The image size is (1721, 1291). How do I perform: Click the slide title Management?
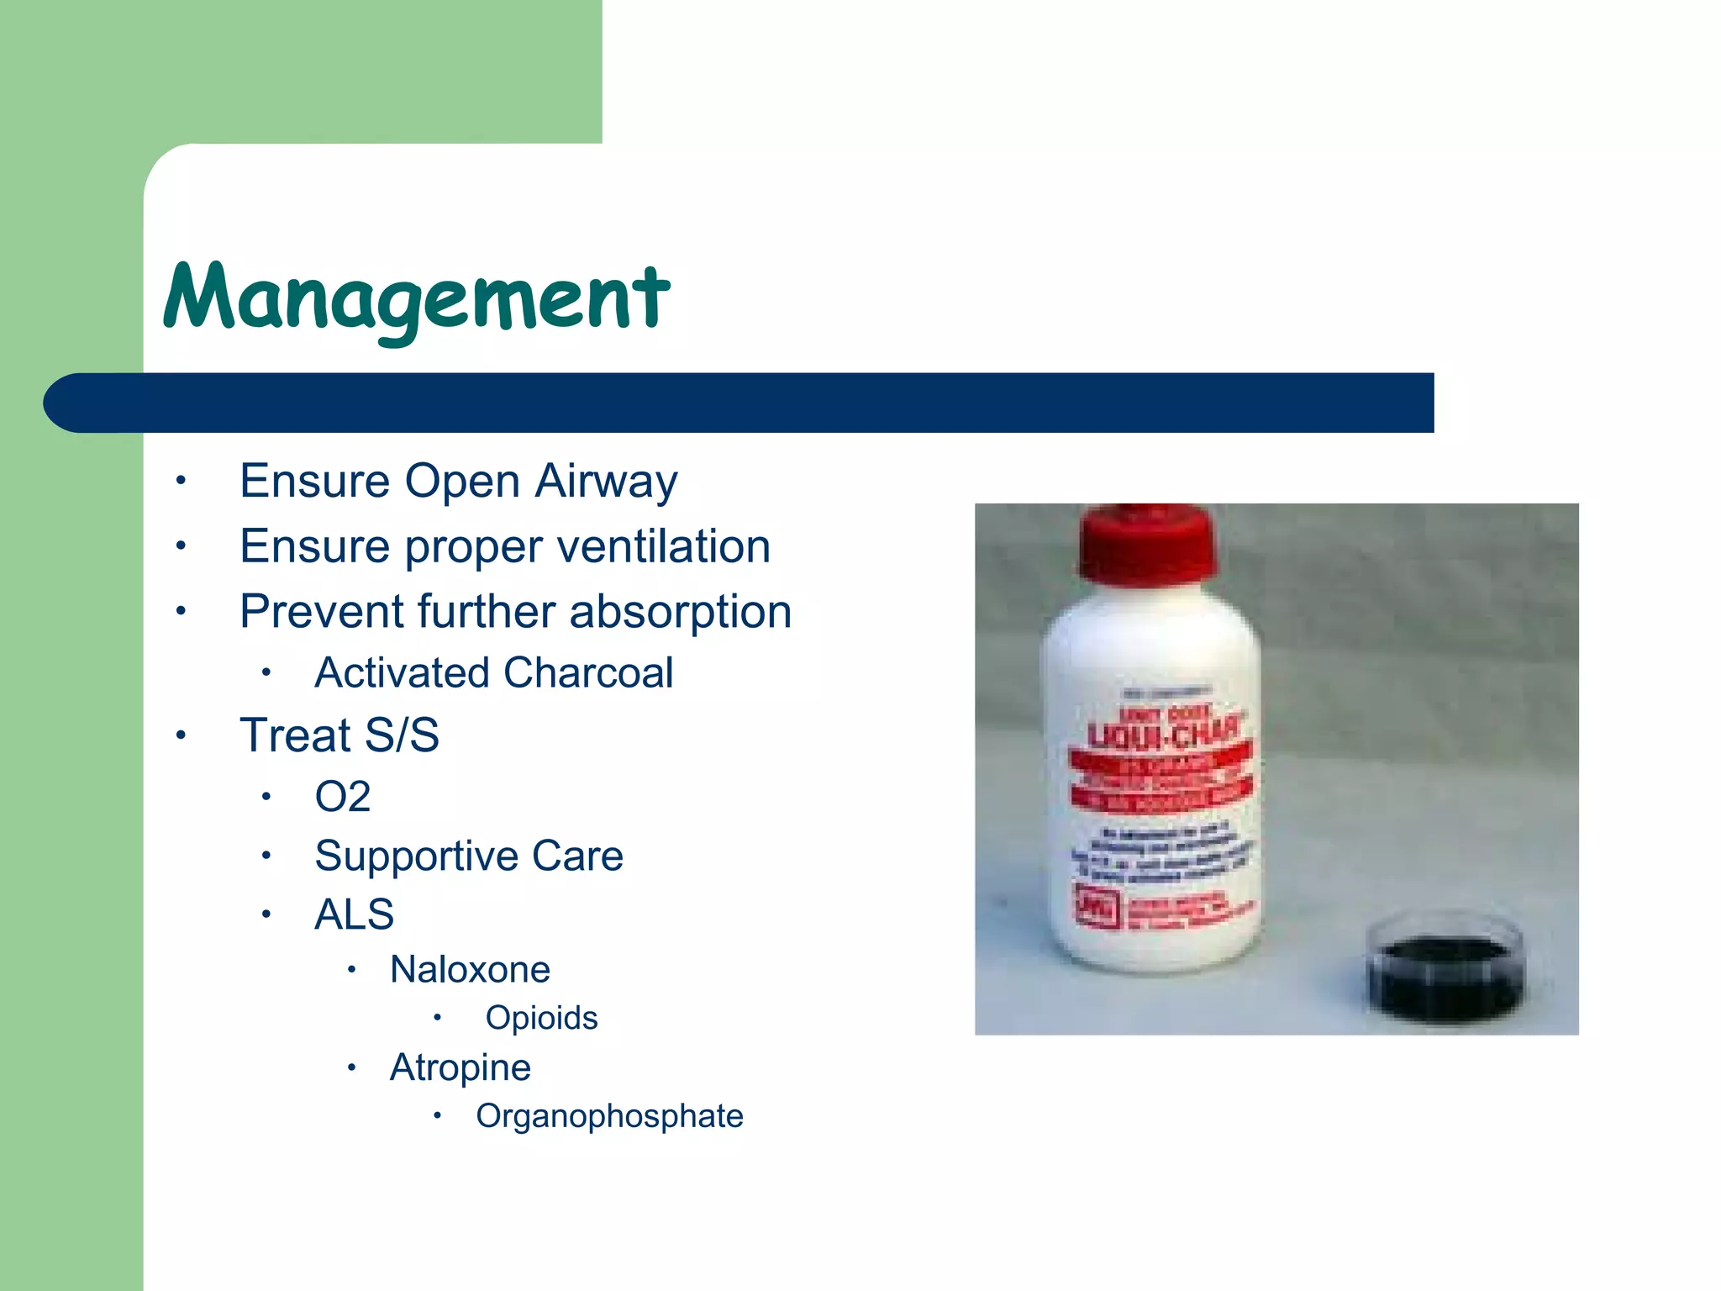pos(416,298)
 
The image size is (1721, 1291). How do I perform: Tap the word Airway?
pos(606,482)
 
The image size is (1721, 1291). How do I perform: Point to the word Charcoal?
pos(588,673)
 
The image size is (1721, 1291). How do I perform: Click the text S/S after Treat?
pos(402,735)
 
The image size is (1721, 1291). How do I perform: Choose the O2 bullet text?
pos(342,797)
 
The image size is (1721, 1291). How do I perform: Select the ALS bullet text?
pos(354,914)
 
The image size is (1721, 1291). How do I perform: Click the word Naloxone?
pos(470,970)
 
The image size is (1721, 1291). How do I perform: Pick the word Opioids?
pos(541,1018)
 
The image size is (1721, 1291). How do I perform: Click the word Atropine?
pos(461,1068)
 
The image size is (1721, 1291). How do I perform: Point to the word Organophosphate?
pos(609,1116)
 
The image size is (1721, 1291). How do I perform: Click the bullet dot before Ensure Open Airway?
pos(180,482)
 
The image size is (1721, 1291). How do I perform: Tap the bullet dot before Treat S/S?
pos(180,736)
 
